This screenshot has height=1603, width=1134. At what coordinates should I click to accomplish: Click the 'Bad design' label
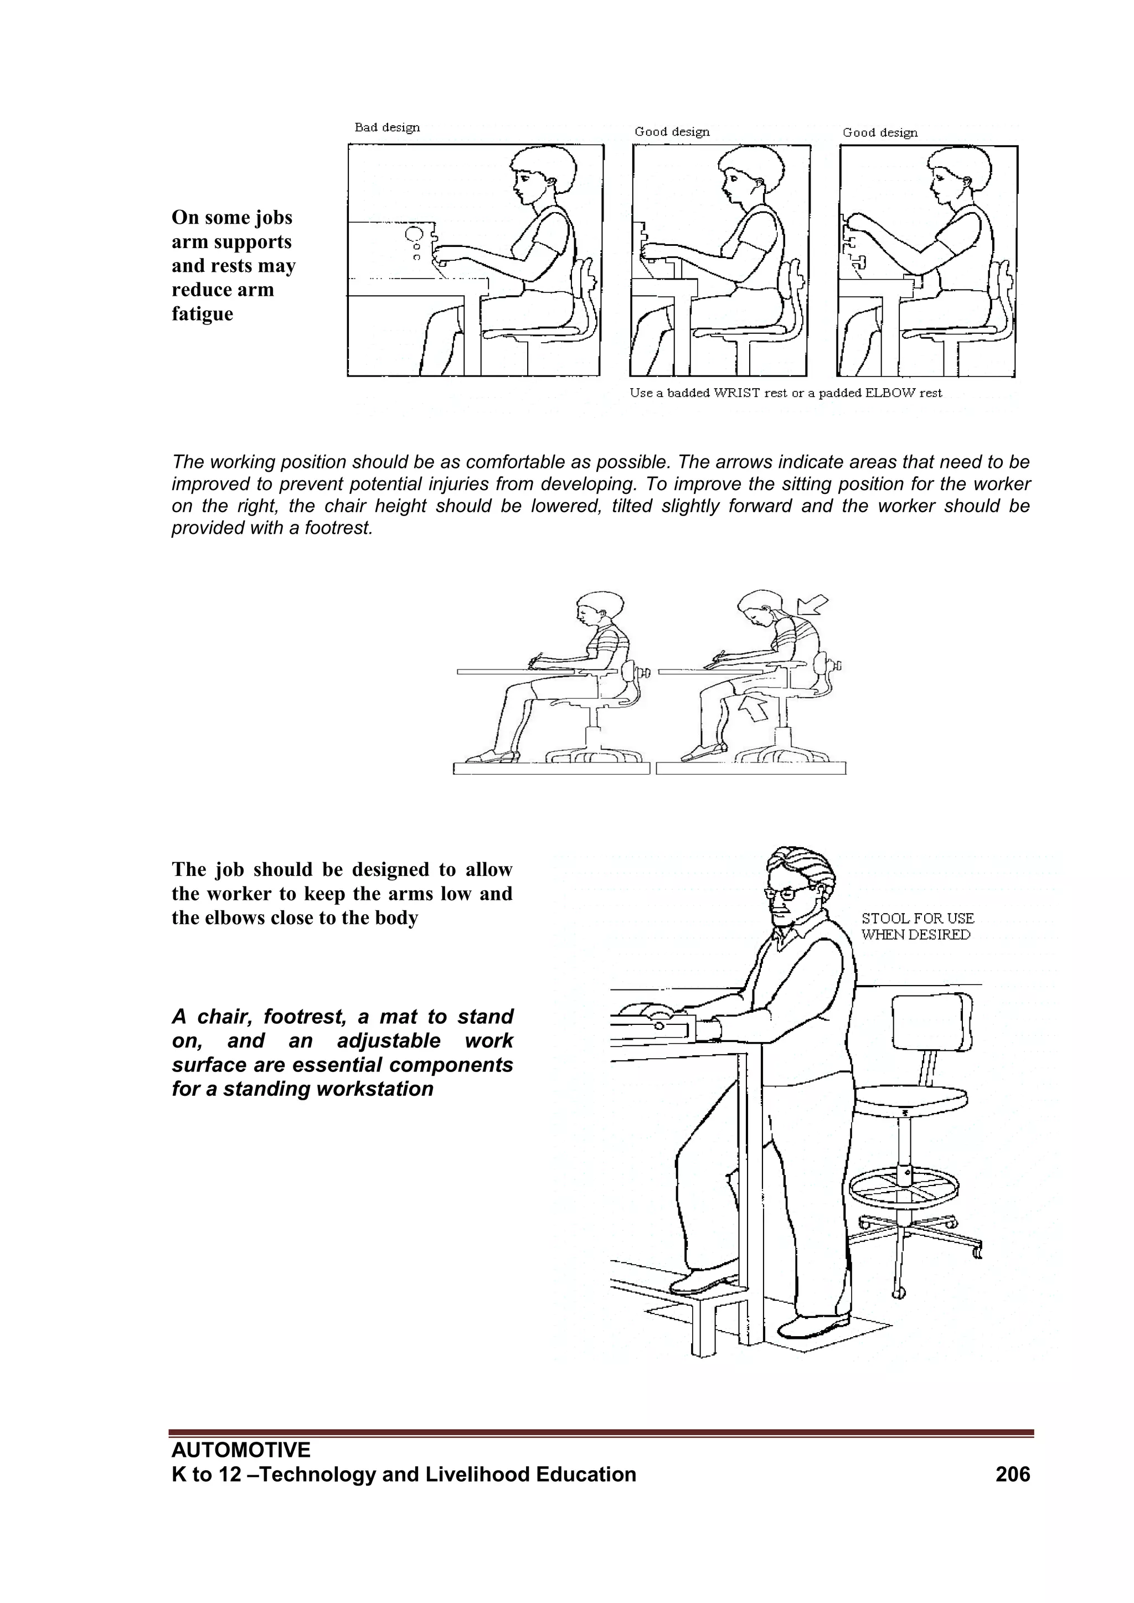click(x=387, y=128)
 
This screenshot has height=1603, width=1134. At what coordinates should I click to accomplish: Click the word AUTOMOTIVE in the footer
click(x=241, y=1450)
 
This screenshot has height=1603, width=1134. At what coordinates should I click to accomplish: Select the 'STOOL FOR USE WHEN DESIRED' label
click(x=917, y=926)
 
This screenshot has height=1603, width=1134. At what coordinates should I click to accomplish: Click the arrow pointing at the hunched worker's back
click(x=812, y=603)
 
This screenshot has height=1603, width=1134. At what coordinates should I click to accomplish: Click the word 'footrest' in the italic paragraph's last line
click(x=337, y=528)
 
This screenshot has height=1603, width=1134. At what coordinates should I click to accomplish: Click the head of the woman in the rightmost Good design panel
click(x=958, y=174)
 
